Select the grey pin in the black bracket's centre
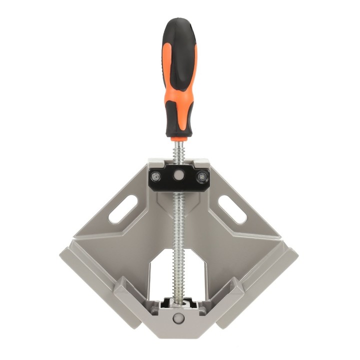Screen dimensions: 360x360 [179, 175]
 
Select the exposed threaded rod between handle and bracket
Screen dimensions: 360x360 [179, 150]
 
